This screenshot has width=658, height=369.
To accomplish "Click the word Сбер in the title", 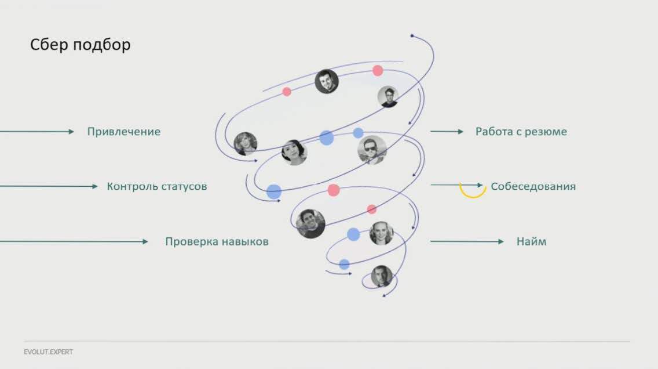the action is coord(49,45).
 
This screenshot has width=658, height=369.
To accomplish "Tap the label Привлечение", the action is coord(124,132).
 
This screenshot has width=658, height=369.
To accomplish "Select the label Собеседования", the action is coord(533,187).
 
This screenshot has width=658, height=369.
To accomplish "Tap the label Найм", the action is coord(531,241).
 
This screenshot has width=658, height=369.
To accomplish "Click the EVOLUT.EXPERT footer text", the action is coord(49,352).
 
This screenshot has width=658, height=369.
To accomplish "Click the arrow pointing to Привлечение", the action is coord(37,132).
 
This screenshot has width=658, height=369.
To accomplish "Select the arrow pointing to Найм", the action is coord(467,241).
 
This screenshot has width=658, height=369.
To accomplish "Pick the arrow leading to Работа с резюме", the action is coord(447,132).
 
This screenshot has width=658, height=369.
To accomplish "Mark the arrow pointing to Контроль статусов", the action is coord(49,186).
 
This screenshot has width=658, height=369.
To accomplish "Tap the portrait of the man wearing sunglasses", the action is coord(371,150).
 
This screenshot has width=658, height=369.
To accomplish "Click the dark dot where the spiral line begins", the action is coord(412,36).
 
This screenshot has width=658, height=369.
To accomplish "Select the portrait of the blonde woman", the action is coord(381,233).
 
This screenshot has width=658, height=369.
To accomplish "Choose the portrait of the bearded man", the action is coord(327,81).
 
